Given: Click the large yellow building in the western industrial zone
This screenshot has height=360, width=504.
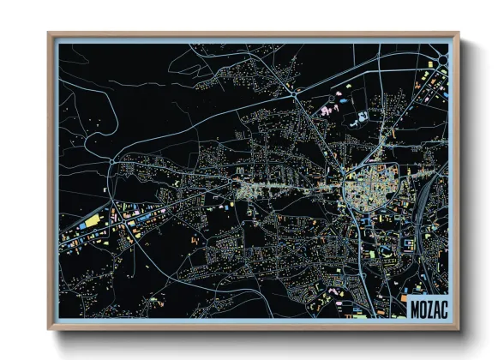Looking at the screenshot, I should tap(92, 222).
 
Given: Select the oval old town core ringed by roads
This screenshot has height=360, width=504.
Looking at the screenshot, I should tap(368, 187).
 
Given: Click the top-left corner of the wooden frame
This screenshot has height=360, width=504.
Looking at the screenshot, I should tap(49, 34).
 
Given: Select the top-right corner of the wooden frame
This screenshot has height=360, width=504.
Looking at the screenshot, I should tap(459, 34).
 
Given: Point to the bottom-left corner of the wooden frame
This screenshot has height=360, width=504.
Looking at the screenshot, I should tap(49, 329).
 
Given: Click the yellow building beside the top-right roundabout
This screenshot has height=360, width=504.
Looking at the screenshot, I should tap(427, 77).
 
